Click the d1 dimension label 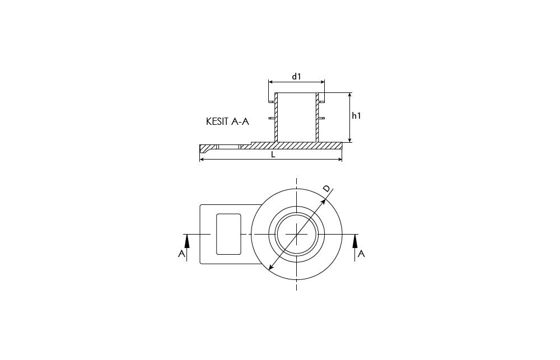coord(296,76)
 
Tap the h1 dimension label coord(356,116)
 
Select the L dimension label coord(273,155)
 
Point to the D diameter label coord(327,189)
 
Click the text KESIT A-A coord(227,121)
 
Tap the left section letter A coord(181,254)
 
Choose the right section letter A coord(361,254)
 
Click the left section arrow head coord(186,242)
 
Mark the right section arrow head coord(354,242)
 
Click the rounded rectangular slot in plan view coord(228,234)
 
